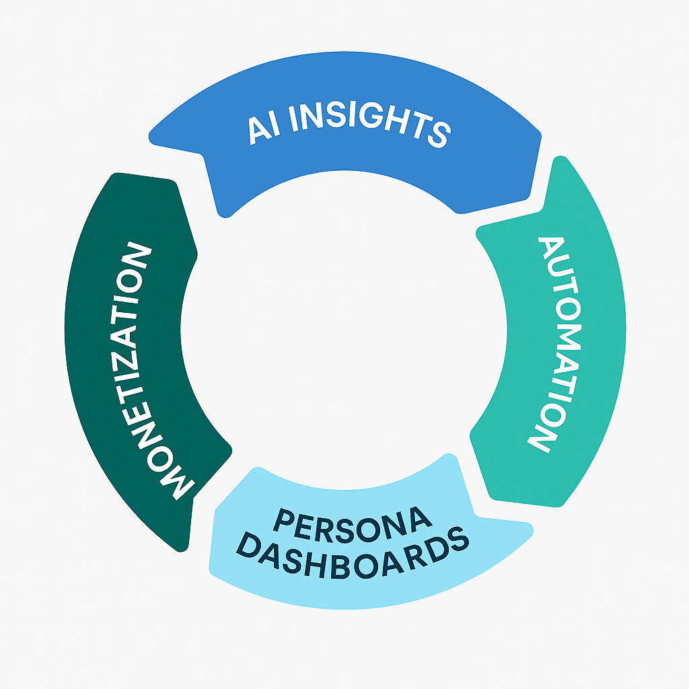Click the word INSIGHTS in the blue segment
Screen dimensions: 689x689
(x=369, y=125)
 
